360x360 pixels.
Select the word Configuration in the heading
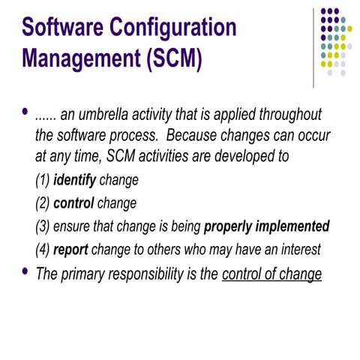(x=176, y=29)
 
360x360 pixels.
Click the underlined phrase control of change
(x=271, y=274)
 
